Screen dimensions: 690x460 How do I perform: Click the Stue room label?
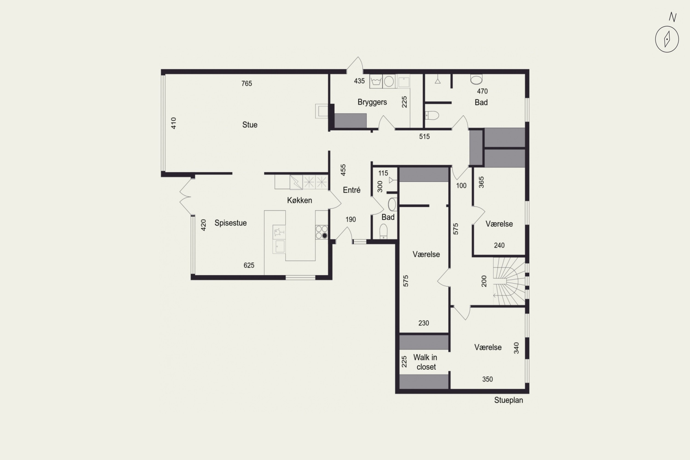pyautogui.click(x=250, y=125)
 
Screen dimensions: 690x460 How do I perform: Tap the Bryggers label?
pyautogui.click(x=372, y=102)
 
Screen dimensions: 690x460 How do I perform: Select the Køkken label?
pyautogui.click(x=299, y=200)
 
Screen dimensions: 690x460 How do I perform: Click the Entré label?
pyautogui.click(x=351, y=190)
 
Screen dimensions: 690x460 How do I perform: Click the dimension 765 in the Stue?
pyautogui.click(x=246, y=84)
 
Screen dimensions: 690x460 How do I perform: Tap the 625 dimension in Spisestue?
pyautogui.click(x=249, y=265)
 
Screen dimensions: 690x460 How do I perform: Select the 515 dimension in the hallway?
pyautogui.click(x=424, y=136)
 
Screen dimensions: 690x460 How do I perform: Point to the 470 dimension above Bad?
pyautogui.click(x=482, y=91)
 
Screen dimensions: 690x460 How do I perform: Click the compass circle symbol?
pyautogui.click(x=667, y=39)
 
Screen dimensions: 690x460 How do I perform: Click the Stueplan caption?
pyautogui.click(x=508, y=400)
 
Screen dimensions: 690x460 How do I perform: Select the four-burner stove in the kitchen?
pyautogui.click(x=322, y=232)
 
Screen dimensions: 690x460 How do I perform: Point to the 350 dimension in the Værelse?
pyautogui.click(x=487, y=379)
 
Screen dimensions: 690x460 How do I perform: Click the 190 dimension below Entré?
pyautogui.click(x=351, y=219)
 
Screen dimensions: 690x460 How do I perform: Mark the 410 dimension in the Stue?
pyautogui.click(x=174, y=123)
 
